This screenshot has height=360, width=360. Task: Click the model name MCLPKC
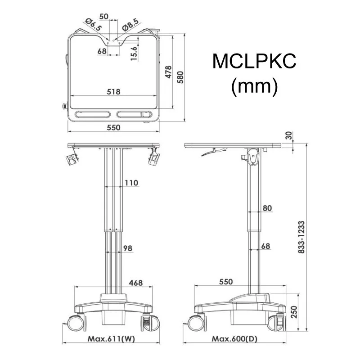(254, 62)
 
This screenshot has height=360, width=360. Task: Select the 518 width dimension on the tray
(113, 92)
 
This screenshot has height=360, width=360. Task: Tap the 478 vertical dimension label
(168, 72)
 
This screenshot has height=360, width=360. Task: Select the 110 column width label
(131, 183)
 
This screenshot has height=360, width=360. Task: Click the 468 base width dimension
(135, 283)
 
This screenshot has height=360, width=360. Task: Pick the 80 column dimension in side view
(267, 208)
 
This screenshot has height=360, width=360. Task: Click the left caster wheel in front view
(75, 323)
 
